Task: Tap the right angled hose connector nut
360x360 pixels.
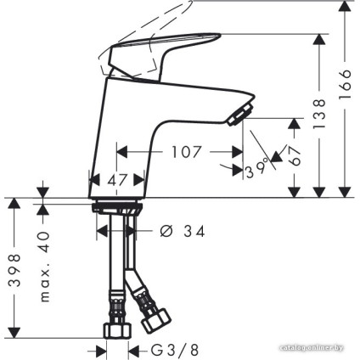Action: pos(155,319)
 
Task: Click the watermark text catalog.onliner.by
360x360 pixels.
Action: pos(315,349)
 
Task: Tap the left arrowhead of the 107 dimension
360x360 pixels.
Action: pos(120,153)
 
